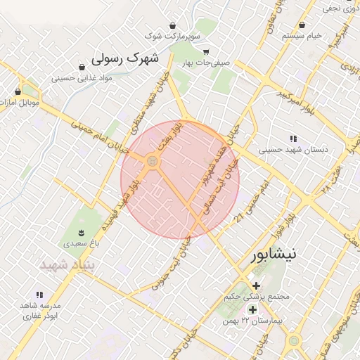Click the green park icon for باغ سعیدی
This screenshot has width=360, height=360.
(82, 232)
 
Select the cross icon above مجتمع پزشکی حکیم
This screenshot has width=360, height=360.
(256, 286)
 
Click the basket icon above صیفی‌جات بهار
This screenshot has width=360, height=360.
(205, 51)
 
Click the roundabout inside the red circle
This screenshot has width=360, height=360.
(153, 163)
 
